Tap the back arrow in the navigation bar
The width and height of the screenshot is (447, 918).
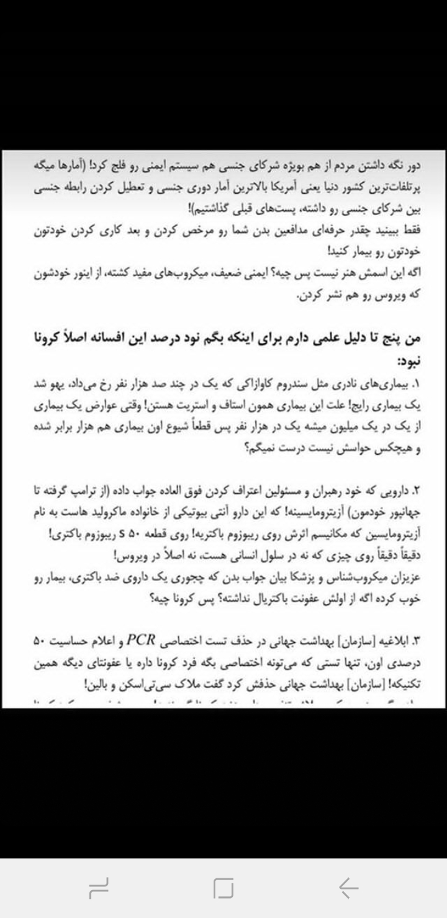coord(348,888)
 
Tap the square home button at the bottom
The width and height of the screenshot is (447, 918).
coord(223,888)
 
